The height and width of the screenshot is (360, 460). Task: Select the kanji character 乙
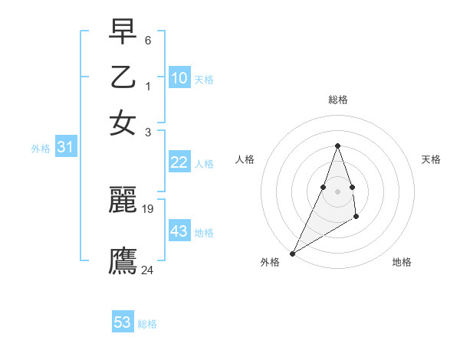[123, 77]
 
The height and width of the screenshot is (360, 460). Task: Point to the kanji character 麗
[123, 200]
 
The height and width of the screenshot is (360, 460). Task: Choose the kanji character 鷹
[123, 261]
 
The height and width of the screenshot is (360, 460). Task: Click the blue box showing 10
[179, 78]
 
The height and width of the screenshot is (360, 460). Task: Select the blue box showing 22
[179, 162]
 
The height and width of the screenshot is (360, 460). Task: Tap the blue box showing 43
[179, 231]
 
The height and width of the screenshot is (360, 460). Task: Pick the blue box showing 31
[65, 148]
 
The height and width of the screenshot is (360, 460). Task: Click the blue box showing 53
[123, 322]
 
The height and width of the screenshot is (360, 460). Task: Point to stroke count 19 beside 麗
[148, 208]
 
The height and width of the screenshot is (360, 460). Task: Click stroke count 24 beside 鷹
[148, 270]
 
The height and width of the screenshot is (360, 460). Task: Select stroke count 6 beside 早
[148, 39]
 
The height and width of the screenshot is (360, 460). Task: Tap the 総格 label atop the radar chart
[337, 100]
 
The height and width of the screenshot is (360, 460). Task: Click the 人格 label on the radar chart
[245, 159]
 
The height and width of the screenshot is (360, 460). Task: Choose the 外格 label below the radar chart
[270, 262]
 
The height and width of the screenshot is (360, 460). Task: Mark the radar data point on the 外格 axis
[292, 254]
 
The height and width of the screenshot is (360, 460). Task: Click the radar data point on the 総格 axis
[337, 146]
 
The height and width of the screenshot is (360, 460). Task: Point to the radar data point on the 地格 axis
[356, 218]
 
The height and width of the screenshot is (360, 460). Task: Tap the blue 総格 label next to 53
[147, 324]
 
